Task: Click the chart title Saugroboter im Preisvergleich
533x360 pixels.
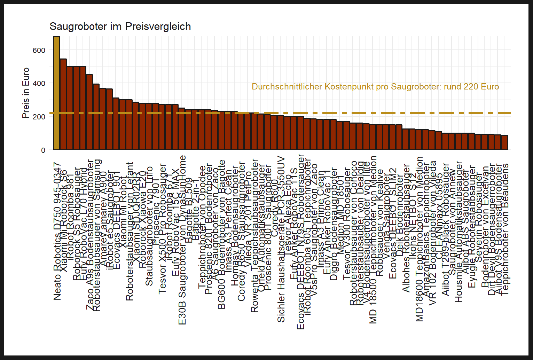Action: pos(120,26)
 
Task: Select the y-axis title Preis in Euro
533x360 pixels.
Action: pos(26,93)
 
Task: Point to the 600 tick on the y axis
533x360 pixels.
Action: pos(39,50)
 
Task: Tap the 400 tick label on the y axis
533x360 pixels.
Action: pos(39,83)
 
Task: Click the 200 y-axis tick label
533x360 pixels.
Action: pos(39,117)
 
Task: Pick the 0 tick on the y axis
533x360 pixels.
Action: pos(43,150)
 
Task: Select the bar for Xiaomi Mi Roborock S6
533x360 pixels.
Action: pos(63,104)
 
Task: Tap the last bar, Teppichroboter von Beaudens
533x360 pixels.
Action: pos(504,142)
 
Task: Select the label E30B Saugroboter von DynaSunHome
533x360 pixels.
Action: pos(182,240)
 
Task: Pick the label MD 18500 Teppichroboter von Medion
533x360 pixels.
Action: pos(373,240)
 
